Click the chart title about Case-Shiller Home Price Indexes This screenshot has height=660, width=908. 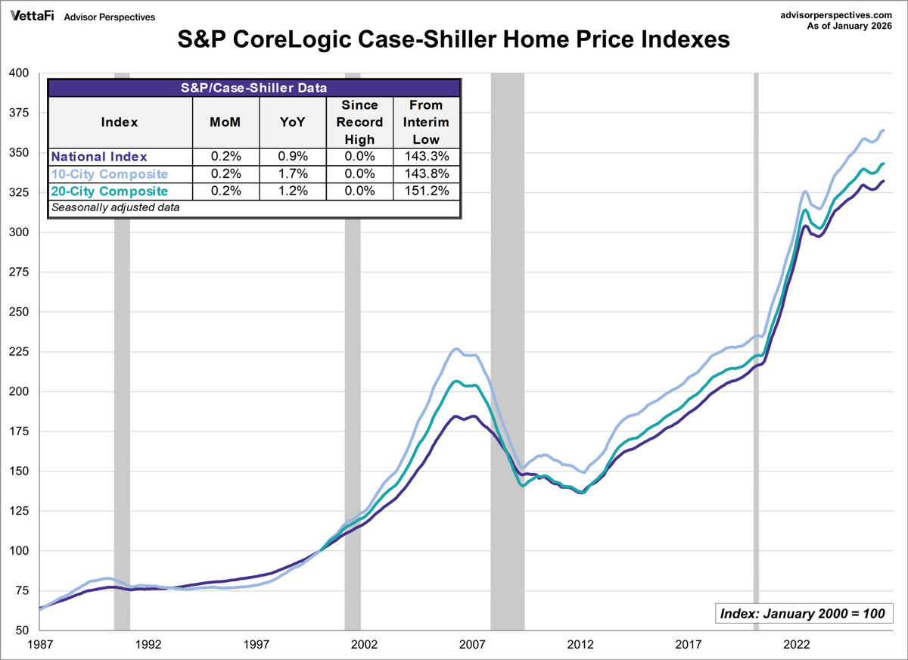coord(454,39)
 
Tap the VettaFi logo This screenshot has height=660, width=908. coord(32,16)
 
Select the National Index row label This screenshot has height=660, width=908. coord(98,157)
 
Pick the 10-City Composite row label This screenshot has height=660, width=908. coord(109,174)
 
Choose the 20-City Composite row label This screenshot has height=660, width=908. coord(109,191)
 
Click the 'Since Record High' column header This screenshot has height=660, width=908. coord(359,122)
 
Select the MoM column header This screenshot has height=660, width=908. coord(224,122)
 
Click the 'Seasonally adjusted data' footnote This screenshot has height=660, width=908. coord(115,207)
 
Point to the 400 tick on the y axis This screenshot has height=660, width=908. coord(17,73)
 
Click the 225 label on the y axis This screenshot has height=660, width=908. coord(17,352)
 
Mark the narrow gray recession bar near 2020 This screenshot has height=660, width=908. coord(756,348)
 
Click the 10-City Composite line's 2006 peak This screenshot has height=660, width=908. coord(456,349)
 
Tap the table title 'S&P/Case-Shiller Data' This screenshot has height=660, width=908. coord(254,87)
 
